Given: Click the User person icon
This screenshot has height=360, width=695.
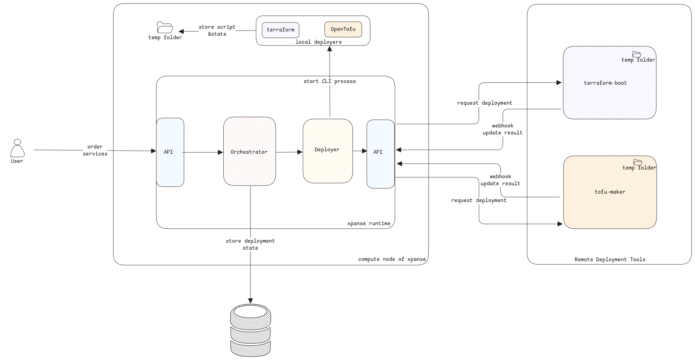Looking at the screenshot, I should click(x=17, y=148).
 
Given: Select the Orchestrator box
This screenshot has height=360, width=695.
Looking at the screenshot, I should click(x=249, y=151).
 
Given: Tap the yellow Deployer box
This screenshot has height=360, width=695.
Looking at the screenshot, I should click(x=327, y=151).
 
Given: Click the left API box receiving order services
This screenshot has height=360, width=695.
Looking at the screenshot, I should click(x=170, y=152).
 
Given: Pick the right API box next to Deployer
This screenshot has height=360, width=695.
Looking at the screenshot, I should click(x=380, y=154).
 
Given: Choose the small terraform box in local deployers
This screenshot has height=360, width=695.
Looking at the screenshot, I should click(x=280, y=30).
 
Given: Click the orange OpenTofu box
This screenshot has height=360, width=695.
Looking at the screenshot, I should click(x=343, y=29).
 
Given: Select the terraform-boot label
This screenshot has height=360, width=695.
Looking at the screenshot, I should click(x=605, y=83).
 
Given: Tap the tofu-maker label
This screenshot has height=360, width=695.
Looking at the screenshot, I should click(x=610, y=192).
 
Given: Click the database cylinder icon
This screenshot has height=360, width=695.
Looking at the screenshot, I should click(x=250, y=330).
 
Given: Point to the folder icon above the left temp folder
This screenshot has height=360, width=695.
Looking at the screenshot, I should click(x=165, y=27).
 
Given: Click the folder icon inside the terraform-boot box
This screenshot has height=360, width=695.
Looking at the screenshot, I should click(x=636, y=54).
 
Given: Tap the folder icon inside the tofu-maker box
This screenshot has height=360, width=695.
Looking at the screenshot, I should click(x=638, y=162).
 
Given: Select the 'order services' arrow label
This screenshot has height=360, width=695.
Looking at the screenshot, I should click(x=95, y=150).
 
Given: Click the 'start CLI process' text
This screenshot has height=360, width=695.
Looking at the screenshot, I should click(x=329, y=81).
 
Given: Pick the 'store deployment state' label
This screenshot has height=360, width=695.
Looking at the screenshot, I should click(x=250, y=244).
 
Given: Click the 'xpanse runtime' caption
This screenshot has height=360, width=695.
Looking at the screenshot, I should click(x=368, y=223).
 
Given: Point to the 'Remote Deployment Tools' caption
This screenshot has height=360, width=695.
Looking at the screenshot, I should click(x=610, y=259).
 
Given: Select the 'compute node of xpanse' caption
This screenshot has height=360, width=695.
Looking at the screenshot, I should click(x=392, y=259).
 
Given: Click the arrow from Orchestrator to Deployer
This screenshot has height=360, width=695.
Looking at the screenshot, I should click(x=289, y=152).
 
